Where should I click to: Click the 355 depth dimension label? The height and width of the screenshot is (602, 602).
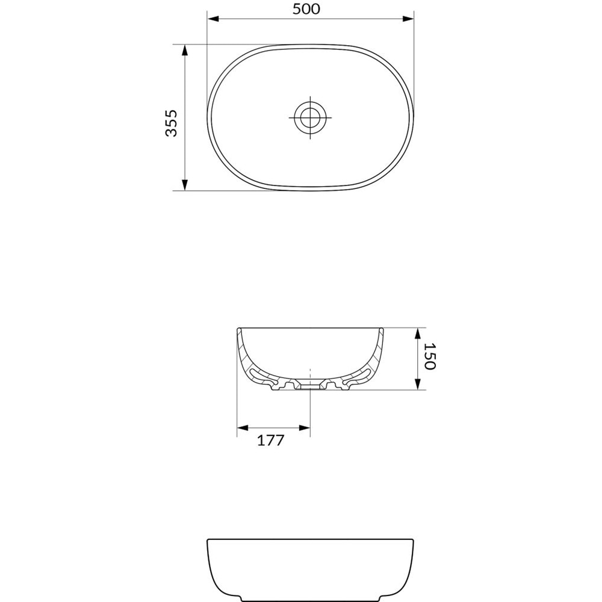point(172,123)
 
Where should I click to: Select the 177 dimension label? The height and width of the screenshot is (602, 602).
point(270,440)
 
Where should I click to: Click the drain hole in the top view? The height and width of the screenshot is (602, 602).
point(310,117)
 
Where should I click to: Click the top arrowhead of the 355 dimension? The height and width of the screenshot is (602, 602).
point(185,50)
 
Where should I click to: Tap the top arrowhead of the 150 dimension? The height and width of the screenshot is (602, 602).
point(417,333)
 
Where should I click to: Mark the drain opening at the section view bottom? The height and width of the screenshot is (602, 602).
point(310,385)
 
